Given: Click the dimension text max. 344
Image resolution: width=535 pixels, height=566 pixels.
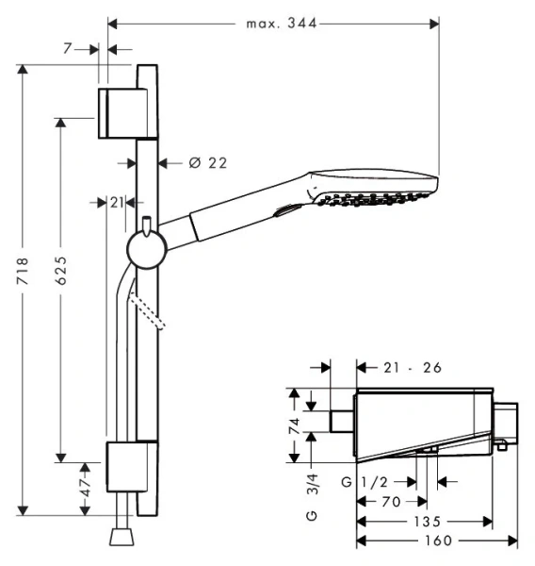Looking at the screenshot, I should pos(273,23).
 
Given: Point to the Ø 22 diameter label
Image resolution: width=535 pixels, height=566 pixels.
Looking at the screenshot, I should pos(207,163).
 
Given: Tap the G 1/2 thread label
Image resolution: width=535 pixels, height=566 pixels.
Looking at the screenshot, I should pos(365,482).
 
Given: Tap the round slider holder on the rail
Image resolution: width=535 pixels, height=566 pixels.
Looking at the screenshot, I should pos(146,251).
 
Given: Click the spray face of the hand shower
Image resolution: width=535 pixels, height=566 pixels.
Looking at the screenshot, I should pos(377,201).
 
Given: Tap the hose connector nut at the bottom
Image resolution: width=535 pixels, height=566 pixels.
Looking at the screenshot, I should pos(121,537).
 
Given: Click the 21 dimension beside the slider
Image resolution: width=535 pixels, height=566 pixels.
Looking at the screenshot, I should pos(116,203).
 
